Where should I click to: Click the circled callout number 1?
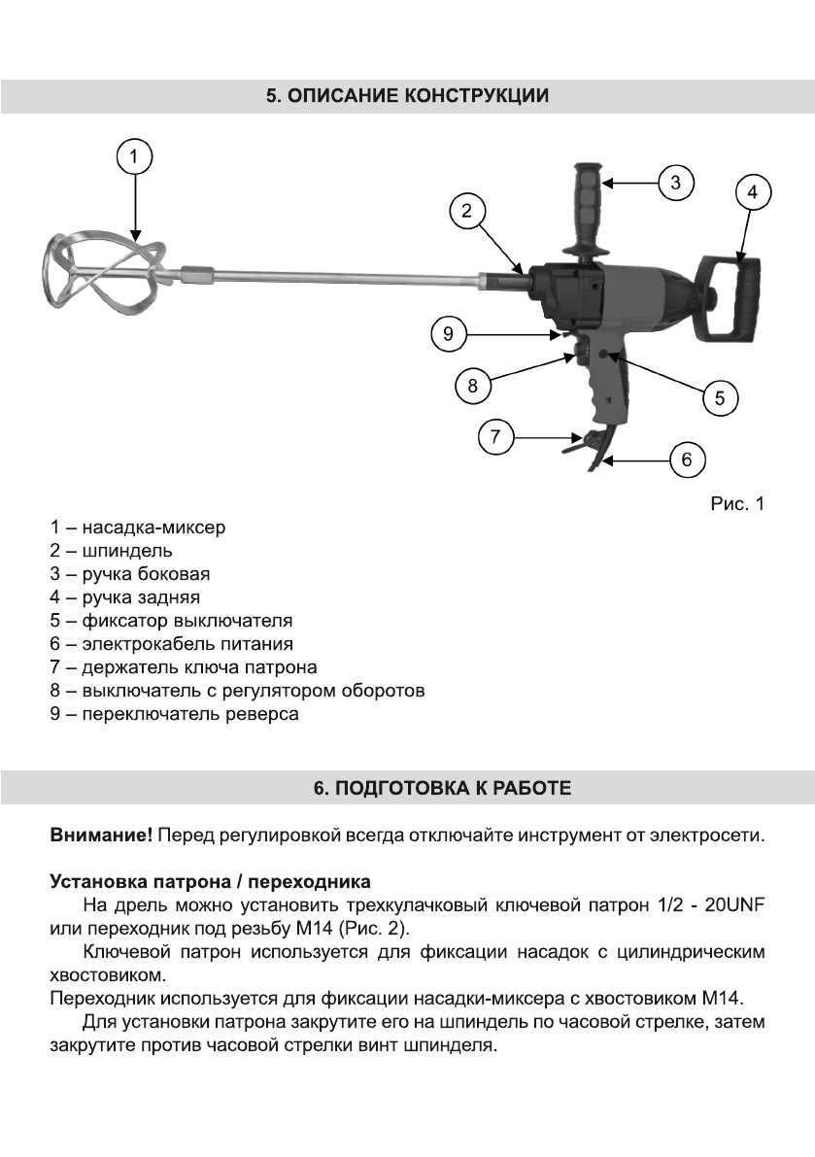[x=135, y=155]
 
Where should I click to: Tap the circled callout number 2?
[x=467, y=211]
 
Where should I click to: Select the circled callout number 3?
[x=676, y=182]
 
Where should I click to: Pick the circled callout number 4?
[x=752, y=192]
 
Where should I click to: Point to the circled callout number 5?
[x=720, y=397]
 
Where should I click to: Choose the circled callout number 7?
[x=495, y=436]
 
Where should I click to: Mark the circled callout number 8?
[x=472, y=385]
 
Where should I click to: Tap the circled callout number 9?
[x=448, y=334]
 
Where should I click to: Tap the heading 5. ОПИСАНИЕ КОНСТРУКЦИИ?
[x=408, y=97]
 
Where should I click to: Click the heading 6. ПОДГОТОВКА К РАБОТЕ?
[x=408, y=788]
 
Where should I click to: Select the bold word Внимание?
[x=101, y=834]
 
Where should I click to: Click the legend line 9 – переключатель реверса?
[x=175, y=714]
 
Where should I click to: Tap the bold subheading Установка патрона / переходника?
[x=210, y=882]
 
